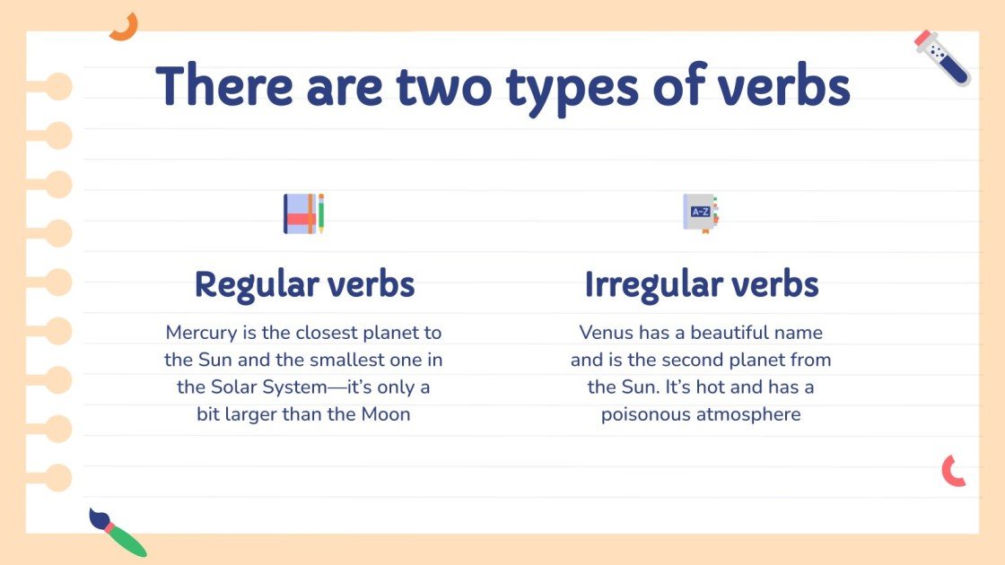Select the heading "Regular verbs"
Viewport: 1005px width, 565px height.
coord(304,284)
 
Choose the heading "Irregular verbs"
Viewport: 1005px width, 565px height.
coord(701,284)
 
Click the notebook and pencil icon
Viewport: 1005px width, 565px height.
coord(303,213)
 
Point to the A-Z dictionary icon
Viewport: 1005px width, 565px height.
coord(701,213)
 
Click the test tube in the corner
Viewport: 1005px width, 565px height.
coord(942,57)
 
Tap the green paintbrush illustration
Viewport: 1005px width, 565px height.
coord(118,532)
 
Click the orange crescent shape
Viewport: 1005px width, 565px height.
coord(123,27)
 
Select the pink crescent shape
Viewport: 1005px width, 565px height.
coord(953,471)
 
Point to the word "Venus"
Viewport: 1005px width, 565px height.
coord(607,333)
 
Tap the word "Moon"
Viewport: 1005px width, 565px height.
coord(385,414)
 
